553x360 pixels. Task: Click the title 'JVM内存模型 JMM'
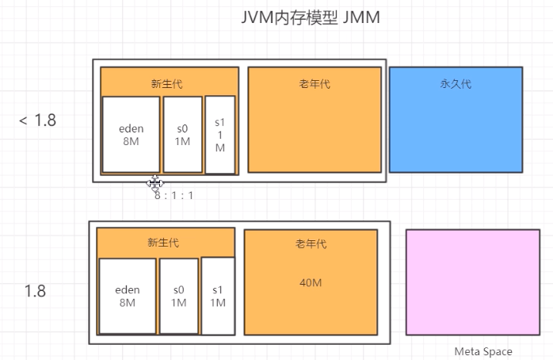(x=311, y=18)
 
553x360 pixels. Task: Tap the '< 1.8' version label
(x=38, y=121)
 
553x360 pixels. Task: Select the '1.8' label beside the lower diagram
(x=35, y=291)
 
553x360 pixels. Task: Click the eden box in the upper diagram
(x=131, y=135)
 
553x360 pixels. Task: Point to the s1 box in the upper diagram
(x=220, y=135)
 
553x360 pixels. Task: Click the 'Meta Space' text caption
(x=483, y=351)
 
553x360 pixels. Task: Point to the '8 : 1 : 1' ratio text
(x=174, y=194)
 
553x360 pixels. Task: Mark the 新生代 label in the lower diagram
(x=163, y=243)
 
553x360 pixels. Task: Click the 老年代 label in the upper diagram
(x=315, y=83)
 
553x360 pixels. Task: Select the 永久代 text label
(x=456, y=83)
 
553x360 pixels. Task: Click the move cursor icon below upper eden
(x=154, y=183)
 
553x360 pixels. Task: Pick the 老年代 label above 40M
(x=311, y=245)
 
